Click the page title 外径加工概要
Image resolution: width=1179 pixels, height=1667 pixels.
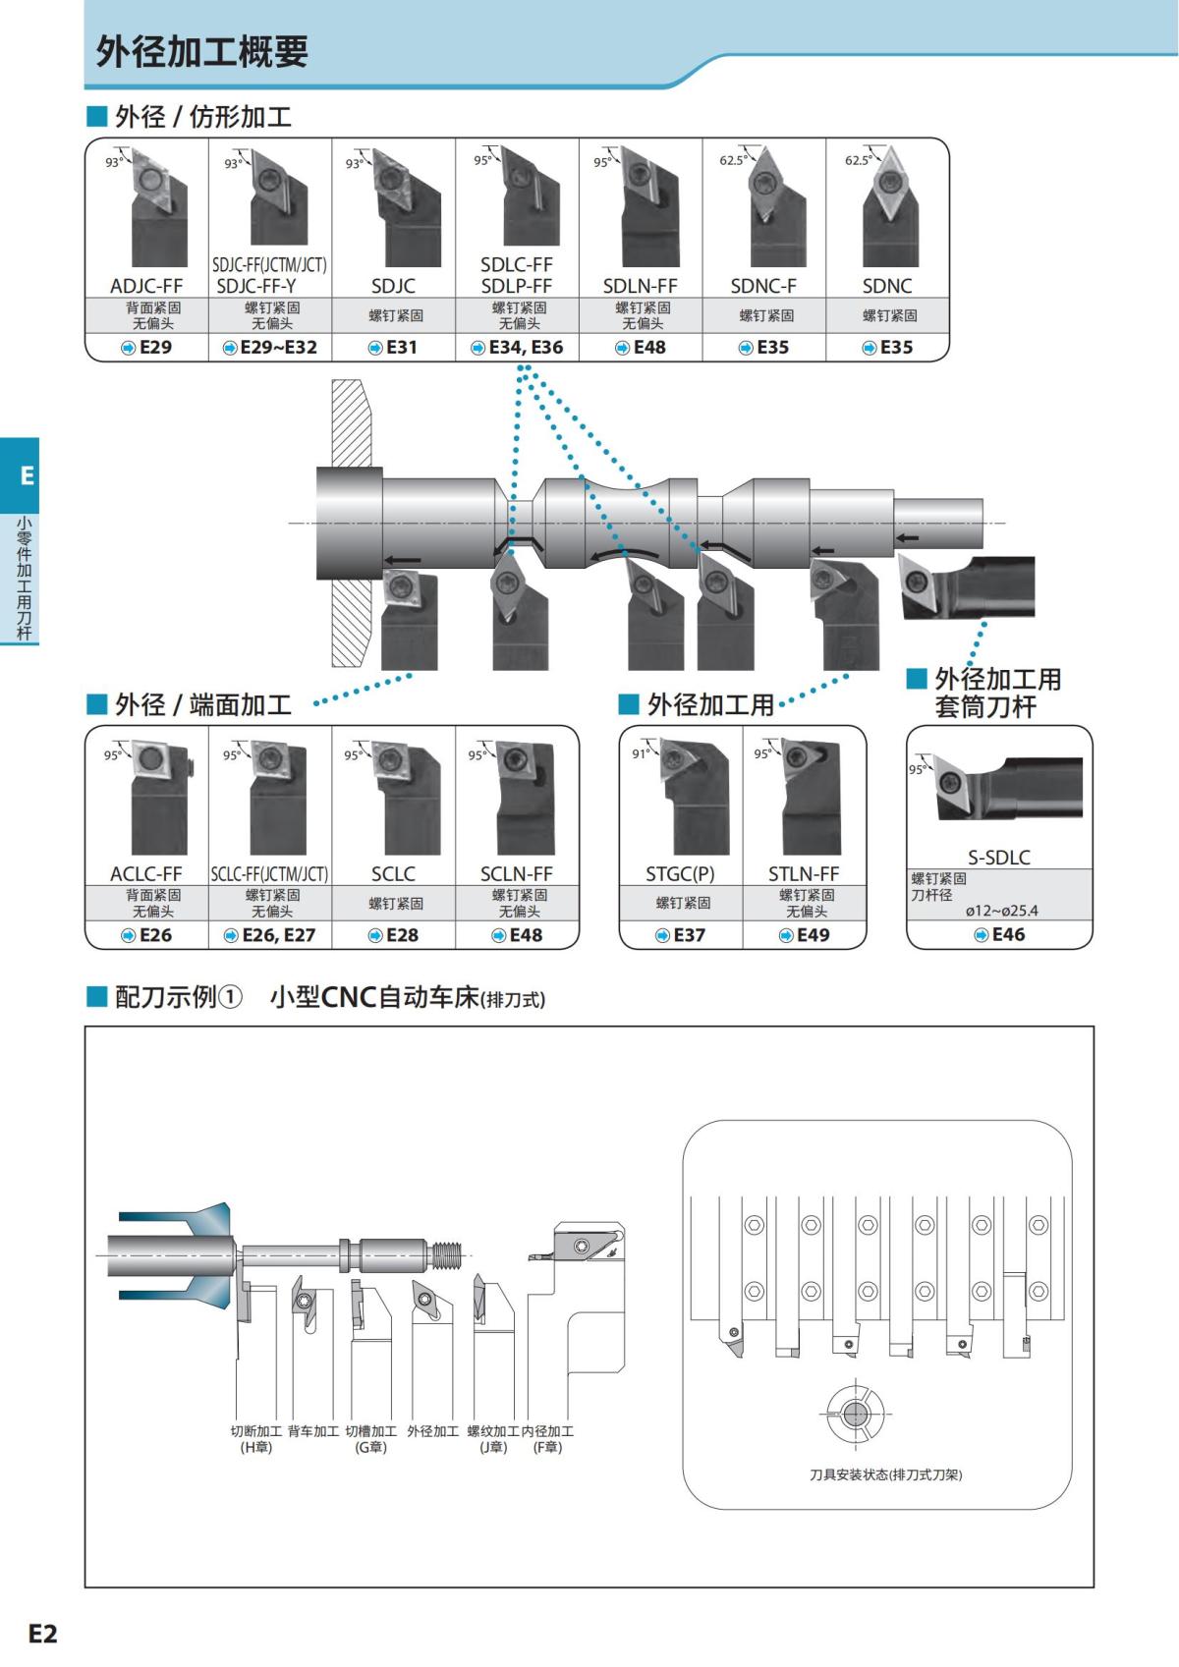[201, 51]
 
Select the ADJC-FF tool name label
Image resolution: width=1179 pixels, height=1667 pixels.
[146, 286]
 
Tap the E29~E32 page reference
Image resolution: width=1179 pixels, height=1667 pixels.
[270, 347]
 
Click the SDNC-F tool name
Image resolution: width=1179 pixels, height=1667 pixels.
[763, 286]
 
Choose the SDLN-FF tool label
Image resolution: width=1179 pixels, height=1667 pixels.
[641, 286]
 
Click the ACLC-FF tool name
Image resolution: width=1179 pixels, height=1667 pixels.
[146, 873]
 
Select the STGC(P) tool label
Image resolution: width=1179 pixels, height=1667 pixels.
[680, 873]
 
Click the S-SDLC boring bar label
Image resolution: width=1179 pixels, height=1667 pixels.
[999, 857]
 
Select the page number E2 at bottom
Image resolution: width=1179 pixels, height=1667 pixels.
[43, 1633]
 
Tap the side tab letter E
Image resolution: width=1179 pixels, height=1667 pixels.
[27, 476]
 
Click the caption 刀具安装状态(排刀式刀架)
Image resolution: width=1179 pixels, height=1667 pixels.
[885, 1474]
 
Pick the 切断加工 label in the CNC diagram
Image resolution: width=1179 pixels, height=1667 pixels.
[256, 1431]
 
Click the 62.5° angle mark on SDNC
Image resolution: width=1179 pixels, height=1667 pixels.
[857, 160]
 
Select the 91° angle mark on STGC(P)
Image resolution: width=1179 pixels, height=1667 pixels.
[640, 753]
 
